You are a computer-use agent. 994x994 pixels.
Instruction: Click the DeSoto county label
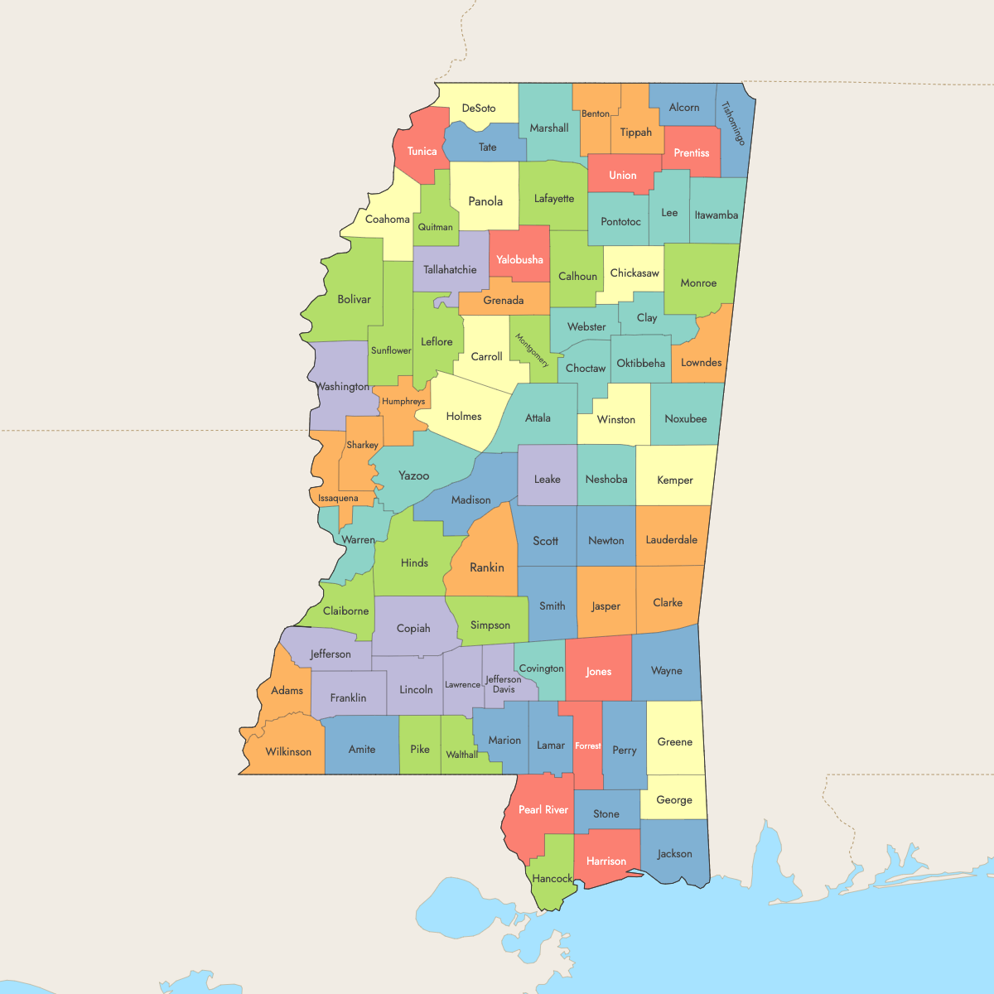479,109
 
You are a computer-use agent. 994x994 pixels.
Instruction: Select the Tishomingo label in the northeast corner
734,123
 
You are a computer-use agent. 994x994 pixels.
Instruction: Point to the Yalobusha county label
519,259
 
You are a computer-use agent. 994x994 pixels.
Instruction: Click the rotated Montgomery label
532,350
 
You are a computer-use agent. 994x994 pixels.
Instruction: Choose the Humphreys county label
403,401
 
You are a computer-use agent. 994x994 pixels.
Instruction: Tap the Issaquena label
338,498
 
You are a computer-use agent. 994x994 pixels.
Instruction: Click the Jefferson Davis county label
504,684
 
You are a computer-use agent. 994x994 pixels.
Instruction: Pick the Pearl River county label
543,809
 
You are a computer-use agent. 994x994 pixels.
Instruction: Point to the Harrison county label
606,861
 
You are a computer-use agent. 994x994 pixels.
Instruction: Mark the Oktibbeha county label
641,363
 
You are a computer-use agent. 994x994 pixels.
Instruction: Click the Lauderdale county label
672,539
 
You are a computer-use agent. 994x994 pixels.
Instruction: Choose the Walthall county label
462,755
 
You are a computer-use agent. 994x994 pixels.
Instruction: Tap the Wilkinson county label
288,751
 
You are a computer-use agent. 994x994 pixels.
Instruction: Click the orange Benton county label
596,113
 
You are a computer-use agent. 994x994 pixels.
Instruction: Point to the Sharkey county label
362,445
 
